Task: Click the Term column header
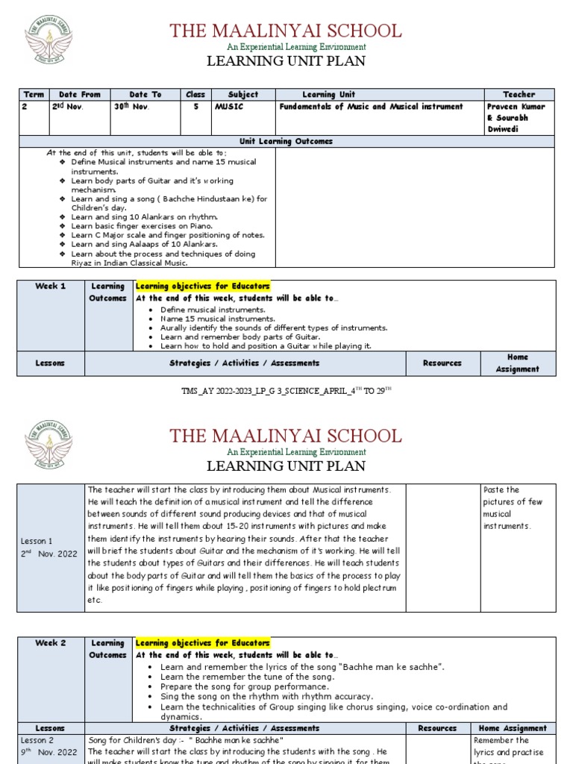(x=34, y=95)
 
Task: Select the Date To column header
(x=145, y=95)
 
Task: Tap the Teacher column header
(x=519, y=95)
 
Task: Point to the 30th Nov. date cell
(x=129, y=107)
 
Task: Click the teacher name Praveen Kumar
(x=516, y=107)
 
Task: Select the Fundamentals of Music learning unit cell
(x=371, y=107)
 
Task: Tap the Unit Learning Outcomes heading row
(x=286, y=141)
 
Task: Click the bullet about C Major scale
(x=168, y=235)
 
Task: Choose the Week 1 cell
(x=51, y=286)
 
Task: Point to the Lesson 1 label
(x=37, y=541)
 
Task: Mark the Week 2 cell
(x=51, y=642)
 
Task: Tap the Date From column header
(x=79, y=95)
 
